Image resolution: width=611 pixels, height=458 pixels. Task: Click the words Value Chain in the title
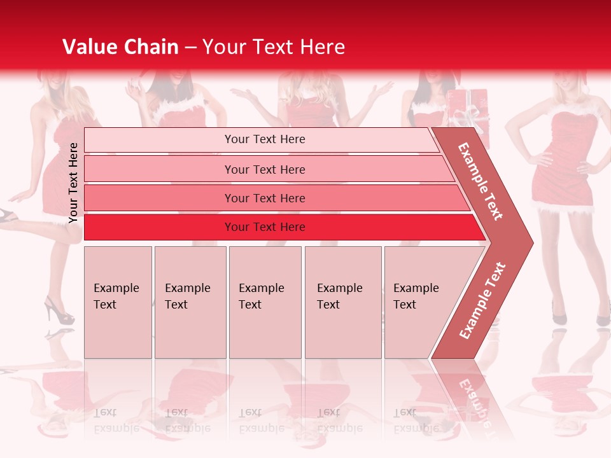pyautogui.click(x=120, y=47)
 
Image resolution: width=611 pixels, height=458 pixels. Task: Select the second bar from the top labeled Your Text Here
pyautogui.click(x=265, y=169)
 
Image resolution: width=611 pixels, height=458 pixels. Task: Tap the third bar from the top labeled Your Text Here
pyautogui.click(x=265, y=198)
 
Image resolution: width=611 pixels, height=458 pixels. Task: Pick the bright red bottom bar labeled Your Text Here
pyautogui.click(x=265, y=227)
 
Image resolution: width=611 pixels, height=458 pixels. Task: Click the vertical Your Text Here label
pyautogui.click(x=73, y=183)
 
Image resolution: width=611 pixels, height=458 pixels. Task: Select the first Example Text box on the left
pyautogui.click(x=118, y=302)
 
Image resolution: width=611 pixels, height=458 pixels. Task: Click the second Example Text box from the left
pyautogui.click(x=190, y=302)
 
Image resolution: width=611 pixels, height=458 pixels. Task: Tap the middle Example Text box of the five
pyautogui.click(x=265, y=302)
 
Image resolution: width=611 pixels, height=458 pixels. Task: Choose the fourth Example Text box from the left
pyautogui.click(x=342, y=302)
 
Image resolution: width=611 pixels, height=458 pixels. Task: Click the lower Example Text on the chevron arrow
pyautogui.click(x=482, y=300)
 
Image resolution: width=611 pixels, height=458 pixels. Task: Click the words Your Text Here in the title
pyautogui.click(x=274, y=47)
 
